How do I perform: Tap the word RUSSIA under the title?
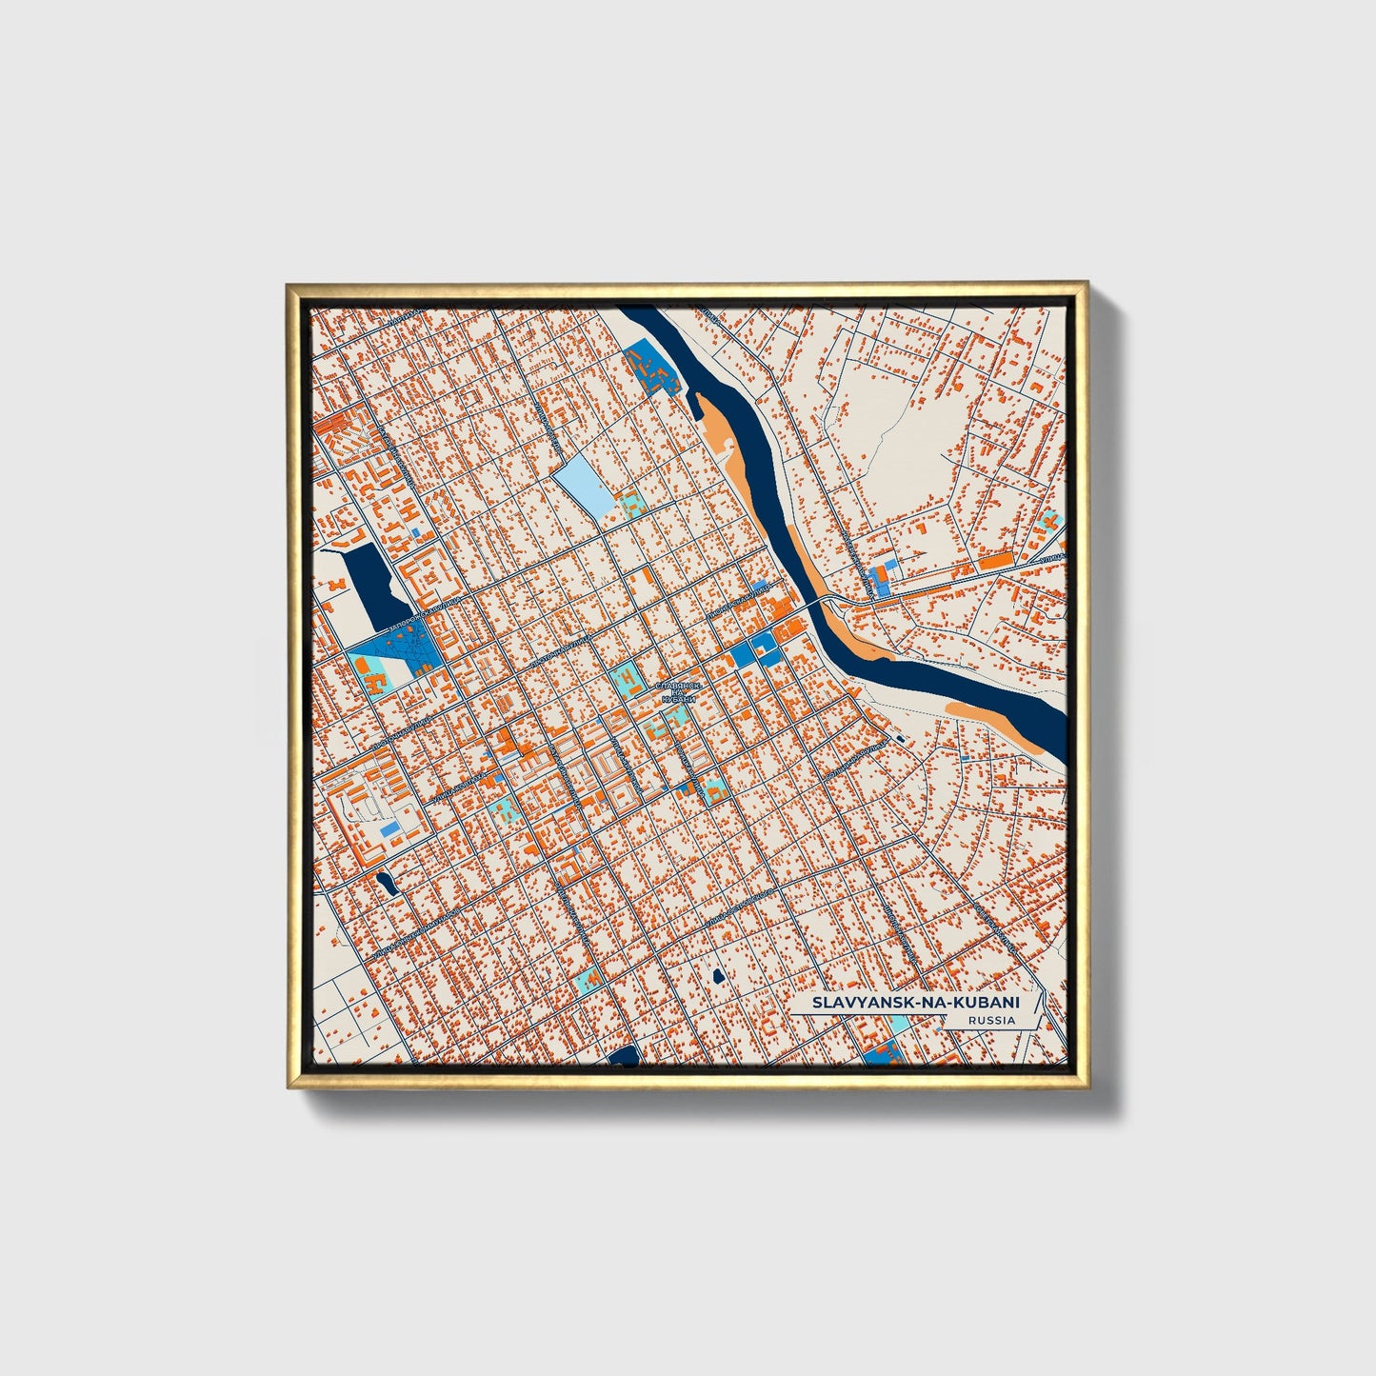tap(989, 1021)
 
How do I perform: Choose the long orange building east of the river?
tap(999, 562)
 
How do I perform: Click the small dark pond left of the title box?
tap(715, 975)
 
